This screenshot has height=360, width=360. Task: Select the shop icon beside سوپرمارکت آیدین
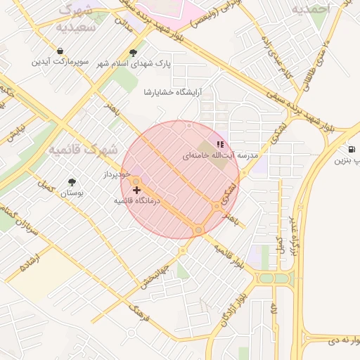61,51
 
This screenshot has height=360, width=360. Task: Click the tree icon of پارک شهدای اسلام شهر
134,53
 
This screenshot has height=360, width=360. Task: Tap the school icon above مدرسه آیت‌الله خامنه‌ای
220,144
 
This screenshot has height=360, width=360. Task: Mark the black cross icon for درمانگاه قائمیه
136,189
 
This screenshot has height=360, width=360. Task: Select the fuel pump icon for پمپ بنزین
351,150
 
